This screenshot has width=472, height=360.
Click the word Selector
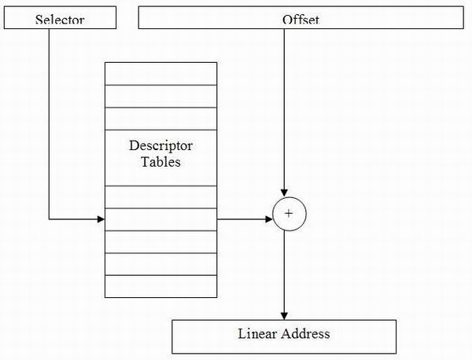[60, 20]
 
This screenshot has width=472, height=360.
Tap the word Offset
[301, 20]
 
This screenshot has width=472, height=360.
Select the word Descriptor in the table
[160, 146]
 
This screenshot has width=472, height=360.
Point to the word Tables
[160, 162]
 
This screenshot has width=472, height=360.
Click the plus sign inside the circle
[289, 214]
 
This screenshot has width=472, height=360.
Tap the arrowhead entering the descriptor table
[101, 219]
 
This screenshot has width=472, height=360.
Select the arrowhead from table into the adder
[269, 219]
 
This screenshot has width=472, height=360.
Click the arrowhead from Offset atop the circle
[284, 193]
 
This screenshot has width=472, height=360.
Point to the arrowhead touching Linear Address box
[284, 316]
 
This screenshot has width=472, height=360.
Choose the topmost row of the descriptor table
[160, 74]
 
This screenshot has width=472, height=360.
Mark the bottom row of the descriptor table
[160, 286]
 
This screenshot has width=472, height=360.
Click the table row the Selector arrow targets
[160, 219]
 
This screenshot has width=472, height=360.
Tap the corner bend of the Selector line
[49, 219]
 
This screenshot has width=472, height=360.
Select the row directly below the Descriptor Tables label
[160, 197]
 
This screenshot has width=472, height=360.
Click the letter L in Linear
[242, 333]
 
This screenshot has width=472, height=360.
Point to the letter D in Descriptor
[134, 146]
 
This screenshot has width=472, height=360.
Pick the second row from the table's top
[160, 96]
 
